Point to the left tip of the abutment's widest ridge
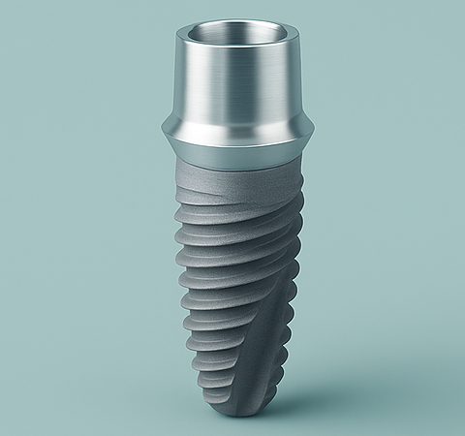click(160, 129)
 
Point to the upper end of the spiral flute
click(291, 194)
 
